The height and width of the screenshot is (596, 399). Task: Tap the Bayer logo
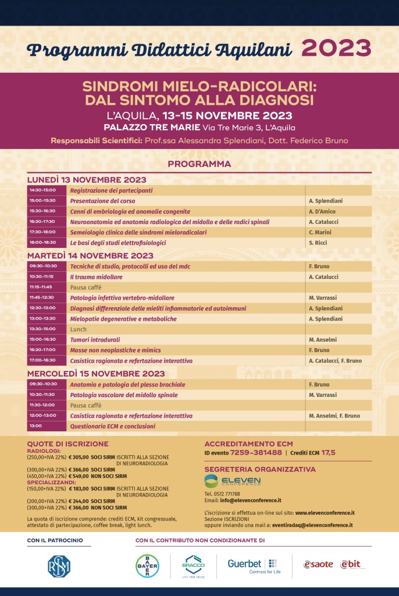point(147,565)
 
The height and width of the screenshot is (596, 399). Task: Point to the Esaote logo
point(318,564)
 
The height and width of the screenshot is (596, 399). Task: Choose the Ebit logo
point(353,564)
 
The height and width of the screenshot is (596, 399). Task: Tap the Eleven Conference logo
point(233,481)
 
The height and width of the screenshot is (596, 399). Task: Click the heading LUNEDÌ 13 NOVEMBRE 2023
point(87,180)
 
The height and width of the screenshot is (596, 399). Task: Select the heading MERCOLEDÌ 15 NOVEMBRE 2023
point(96,374)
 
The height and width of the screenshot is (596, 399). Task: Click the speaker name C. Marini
point(320,232)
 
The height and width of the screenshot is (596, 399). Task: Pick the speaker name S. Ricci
point(318,243)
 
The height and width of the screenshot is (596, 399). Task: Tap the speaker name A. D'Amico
point(322,211)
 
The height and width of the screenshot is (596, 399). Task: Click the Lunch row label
point(78,329)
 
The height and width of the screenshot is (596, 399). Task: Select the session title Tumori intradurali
point(95,339)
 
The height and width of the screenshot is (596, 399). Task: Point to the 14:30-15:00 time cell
point(42,190)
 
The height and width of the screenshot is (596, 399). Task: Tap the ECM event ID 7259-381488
point(256,452)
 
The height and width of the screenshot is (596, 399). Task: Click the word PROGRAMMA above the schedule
point(199,164)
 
